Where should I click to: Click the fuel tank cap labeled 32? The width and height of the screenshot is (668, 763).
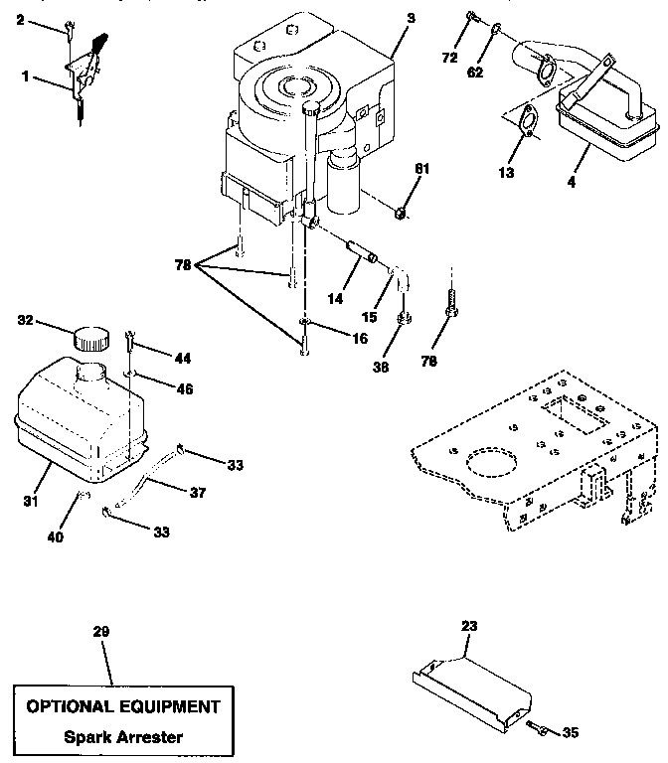point(91,337)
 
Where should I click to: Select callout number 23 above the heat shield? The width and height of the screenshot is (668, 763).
point(469,628)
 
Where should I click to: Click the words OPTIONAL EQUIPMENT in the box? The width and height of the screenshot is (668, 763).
point(123,707)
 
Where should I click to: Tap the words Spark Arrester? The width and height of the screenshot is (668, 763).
point(123,737)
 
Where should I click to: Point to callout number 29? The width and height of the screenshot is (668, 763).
point(100,632)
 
